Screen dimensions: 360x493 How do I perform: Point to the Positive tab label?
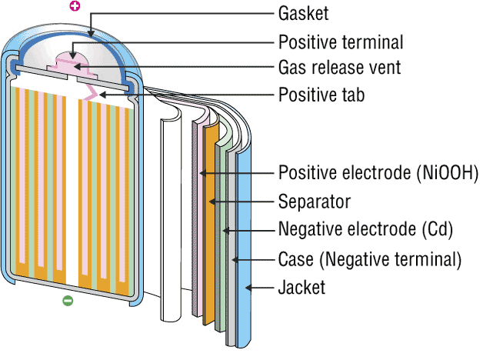tap(321, 95)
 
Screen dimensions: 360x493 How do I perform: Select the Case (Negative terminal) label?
tap(369, 259)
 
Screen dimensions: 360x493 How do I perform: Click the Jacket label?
tap(301, 288)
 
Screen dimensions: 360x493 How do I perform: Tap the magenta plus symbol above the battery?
tap(75, 7)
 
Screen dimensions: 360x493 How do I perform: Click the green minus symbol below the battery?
tap(67, 300)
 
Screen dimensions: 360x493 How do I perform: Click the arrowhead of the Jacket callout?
tap(248, 288)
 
